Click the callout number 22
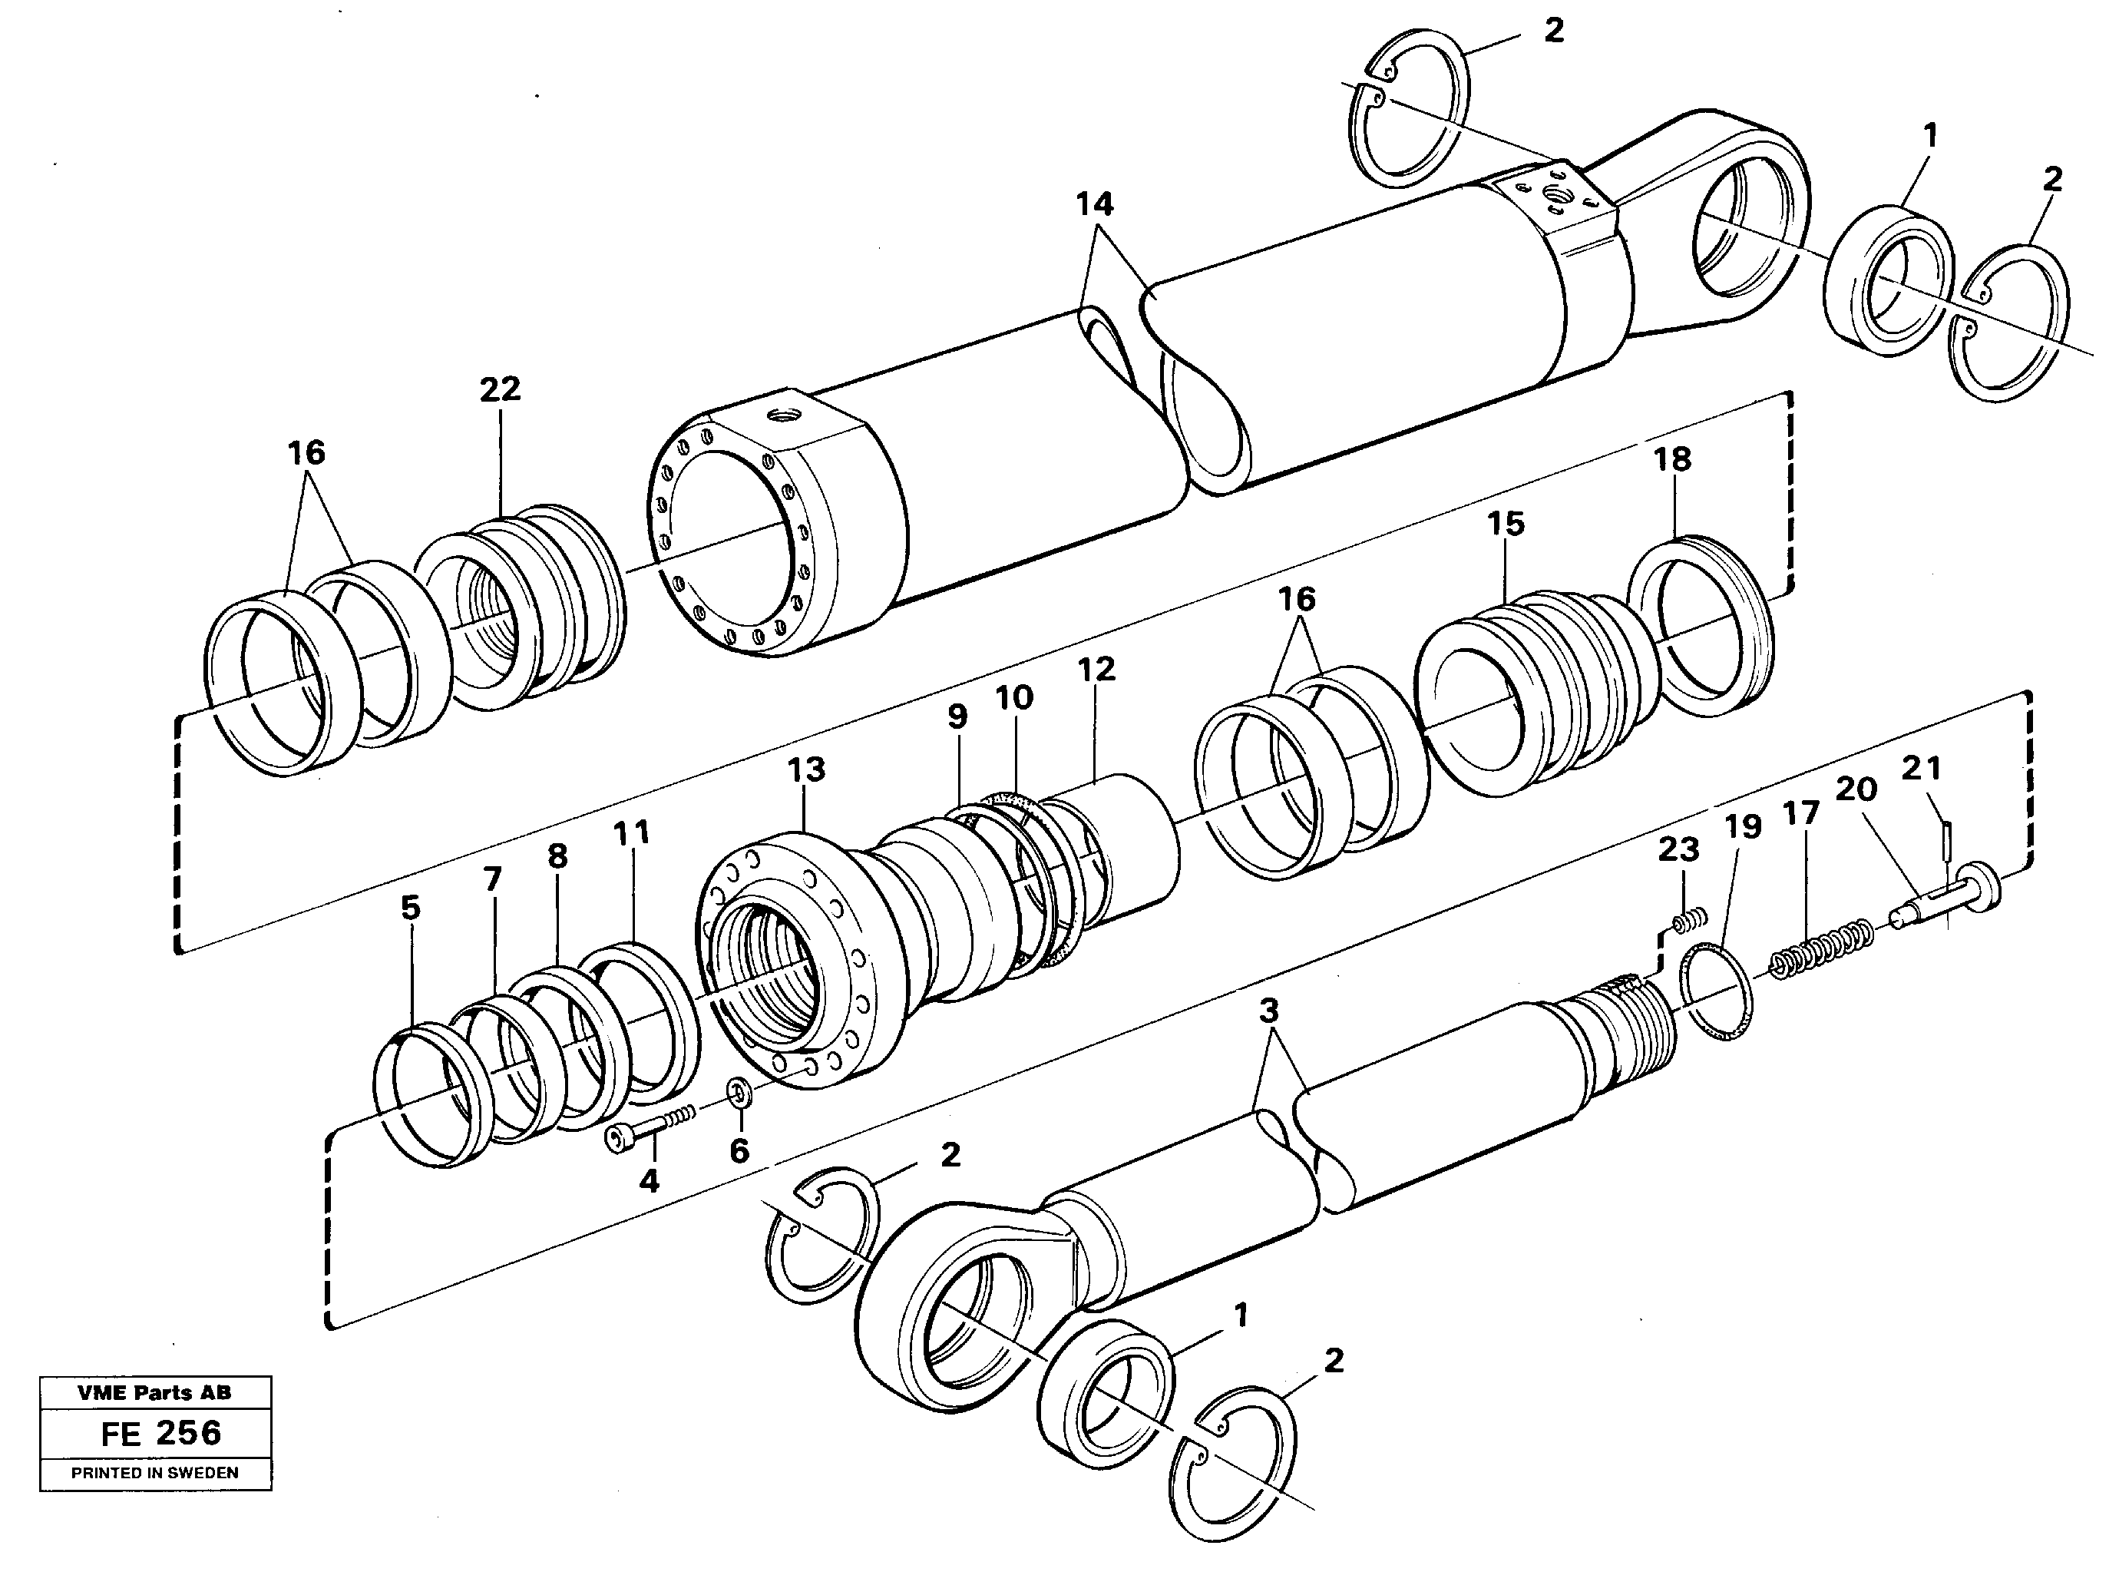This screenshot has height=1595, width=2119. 499,389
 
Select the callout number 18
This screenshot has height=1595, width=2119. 1671,459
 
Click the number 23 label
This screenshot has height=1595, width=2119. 1678,849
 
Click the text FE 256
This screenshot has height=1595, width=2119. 161,1433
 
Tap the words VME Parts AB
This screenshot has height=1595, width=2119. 154,1393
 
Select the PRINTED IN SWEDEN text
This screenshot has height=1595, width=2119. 154,1472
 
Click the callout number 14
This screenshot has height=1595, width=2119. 1094,204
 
